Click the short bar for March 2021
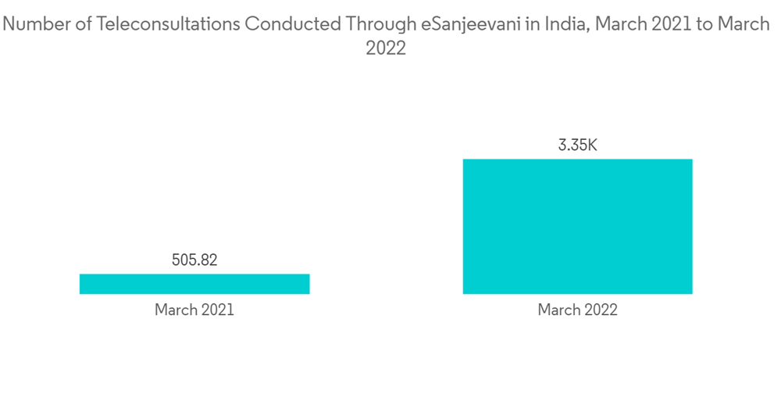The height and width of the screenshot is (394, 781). (194, 284)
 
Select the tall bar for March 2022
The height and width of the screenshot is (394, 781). (577, 227)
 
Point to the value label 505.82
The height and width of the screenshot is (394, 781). (194, 260)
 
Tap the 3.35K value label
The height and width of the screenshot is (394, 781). (577, 145)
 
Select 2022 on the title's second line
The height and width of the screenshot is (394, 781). (386, 48)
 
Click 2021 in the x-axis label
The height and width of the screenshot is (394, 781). (218, 310)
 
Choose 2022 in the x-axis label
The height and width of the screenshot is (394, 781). (601, 310)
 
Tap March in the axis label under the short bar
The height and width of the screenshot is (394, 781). (177, 310)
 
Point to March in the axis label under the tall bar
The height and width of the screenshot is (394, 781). (559, 310)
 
